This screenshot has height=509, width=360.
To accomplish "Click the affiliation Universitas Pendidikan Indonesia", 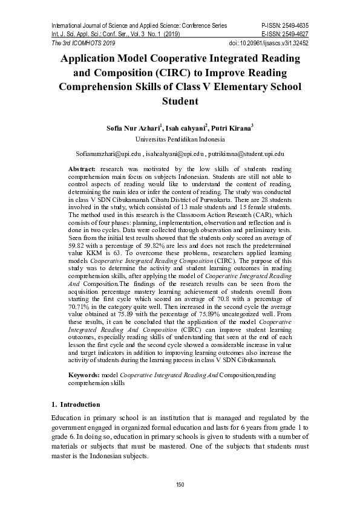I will tap(180, 138).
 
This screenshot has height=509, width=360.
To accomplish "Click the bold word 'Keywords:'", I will tap(84, 376).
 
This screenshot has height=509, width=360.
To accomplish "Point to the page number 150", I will tap(180, 485).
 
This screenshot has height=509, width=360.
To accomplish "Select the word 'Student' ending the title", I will tap(180, 101).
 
